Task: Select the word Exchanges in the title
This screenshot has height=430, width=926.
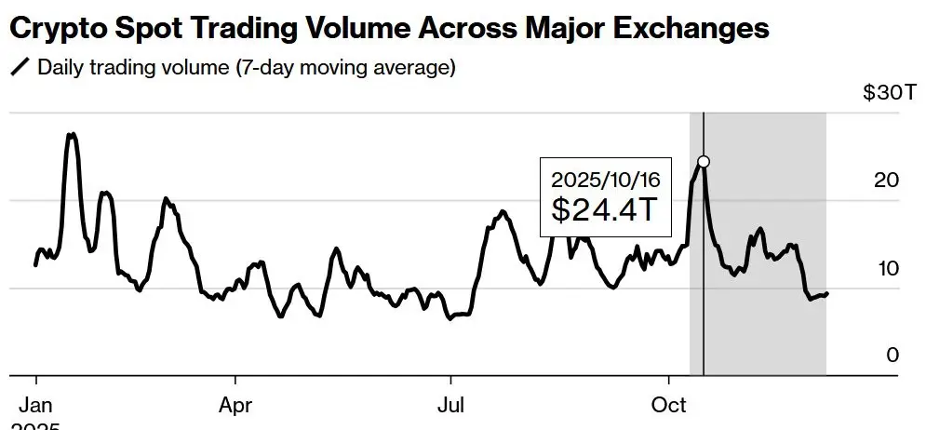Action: click(692, 29)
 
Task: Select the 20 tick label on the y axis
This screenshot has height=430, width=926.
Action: click(888, 180)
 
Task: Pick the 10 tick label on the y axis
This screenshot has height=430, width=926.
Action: click(888, 268)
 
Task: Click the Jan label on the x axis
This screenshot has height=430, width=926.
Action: click(35, 406)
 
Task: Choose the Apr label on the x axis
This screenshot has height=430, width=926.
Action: click(235, 406)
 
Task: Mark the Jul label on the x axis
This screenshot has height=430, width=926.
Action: click(451, 406)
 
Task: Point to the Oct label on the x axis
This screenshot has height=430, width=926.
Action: click(668, 406)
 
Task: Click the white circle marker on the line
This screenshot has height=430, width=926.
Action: click(704, 162)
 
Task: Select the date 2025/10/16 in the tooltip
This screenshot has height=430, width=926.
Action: click(605, 178)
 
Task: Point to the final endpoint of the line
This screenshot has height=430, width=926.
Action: click(827, 294)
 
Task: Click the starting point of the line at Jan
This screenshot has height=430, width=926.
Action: click(35, 265)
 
